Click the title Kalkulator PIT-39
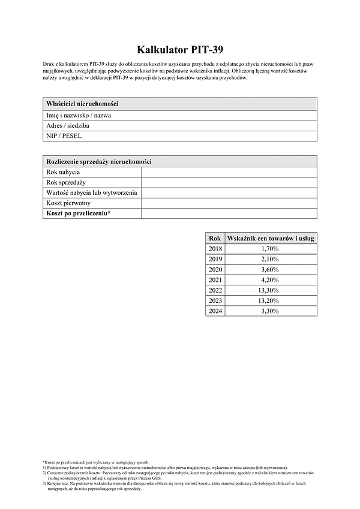(179, 49)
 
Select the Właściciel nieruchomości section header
(82, 104)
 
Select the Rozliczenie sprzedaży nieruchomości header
(99, 162)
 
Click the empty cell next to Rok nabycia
(229, 172)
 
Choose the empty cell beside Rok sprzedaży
(229, 182)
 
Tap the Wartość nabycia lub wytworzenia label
(91, 192)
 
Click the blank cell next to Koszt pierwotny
(229, 203)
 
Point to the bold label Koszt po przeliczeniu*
(79, 213)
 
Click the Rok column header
(215, 238)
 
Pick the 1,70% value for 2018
(270, 248)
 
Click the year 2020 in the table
(215, 269)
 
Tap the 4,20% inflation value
(270, 279)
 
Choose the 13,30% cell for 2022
(270, 290)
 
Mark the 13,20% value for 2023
(270, 300)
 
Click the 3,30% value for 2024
(270, 311)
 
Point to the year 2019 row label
(215, 259)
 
